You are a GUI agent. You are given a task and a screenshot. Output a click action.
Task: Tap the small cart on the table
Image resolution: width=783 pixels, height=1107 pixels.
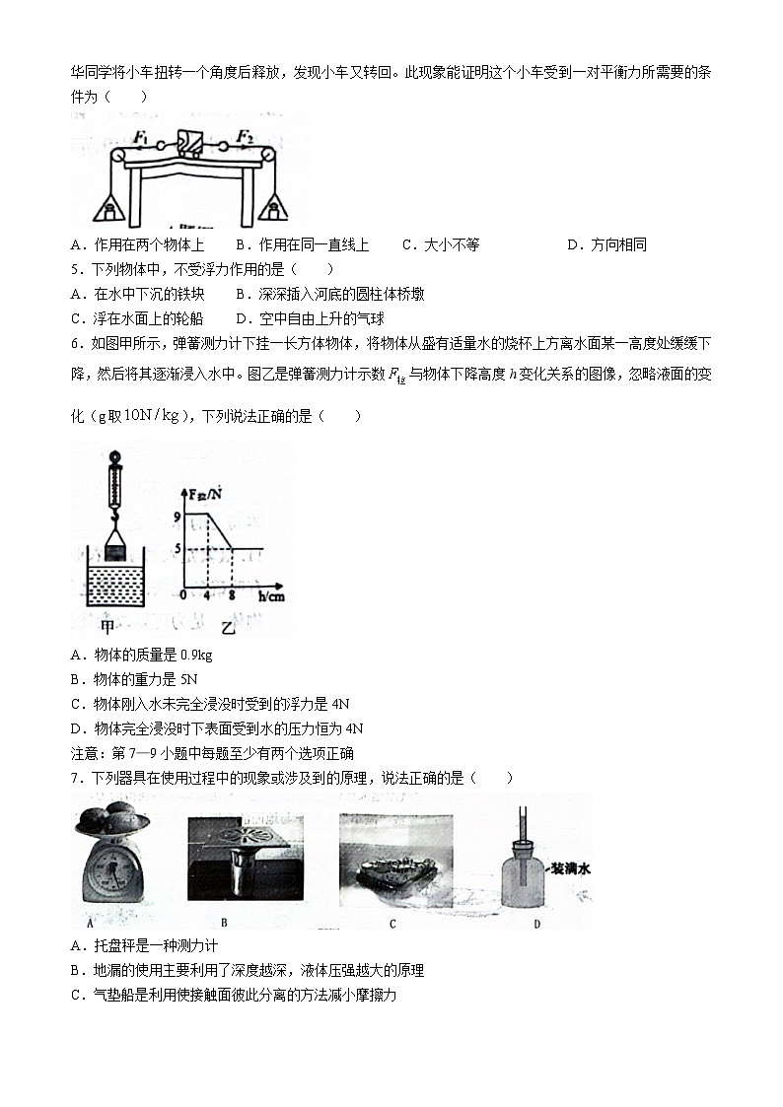point(189,144)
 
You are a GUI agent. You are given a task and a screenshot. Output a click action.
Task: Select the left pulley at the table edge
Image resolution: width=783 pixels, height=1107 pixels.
point(117,156)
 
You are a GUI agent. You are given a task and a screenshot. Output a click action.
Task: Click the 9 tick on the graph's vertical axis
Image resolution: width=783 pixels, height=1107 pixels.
point(178,516)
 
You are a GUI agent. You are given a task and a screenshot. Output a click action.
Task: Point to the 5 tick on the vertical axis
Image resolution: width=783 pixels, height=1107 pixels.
point(178,549)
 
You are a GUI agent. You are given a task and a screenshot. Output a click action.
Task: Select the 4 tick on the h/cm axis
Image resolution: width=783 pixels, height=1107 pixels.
point(207,596)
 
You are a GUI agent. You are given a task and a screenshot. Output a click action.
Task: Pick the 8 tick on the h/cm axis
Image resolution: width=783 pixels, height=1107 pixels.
point(233,596)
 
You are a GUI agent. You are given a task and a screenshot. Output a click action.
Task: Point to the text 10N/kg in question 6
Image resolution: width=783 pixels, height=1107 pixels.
point(152,415)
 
